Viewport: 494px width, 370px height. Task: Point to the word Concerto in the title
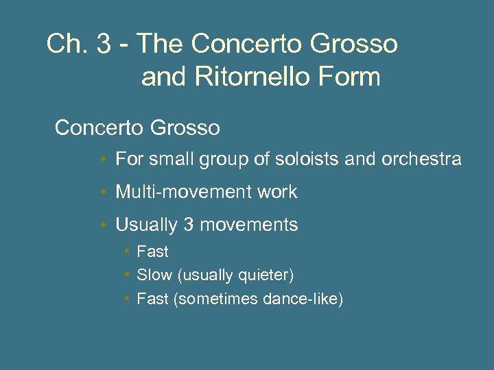[235, 45]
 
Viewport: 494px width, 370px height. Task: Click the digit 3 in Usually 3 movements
[189, 225]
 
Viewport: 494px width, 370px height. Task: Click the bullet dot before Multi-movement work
[102, 192]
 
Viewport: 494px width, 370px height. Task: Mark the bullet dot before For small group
[102, 160]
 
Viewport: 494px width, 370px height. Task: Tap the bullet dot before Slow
[127, 275]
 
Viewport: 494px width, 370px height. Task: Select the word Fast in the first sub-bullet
[152, 252]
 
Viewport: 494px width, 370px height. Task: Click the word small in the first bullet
[167, 160]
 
